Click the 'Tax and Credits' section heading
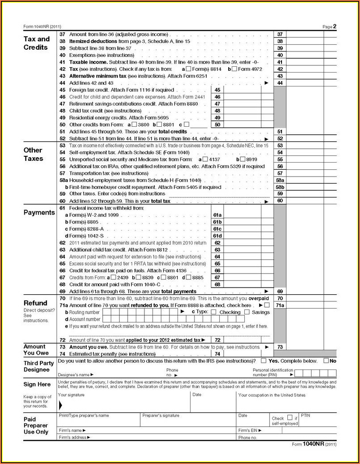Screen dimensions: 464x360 [x=36, y=43]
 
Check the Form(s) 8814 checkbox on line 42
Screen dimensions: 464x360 [x=188, y=69]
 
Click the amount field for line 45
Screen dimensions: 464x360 [x=242, y=90]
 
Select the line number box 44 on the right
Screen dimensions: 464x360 [x=280, y=83]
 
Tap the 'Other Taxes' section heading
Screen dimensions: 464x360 [x=33, y=154]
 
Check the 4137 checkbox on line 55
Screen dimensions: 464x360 [x=205, y=159]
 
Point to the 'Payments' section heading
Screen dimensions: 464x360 [x=39, y=212]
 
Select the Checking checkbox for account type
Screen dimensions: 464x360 [x=213, y=312]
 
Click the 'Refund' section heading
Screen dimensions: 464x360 [x=35, y=303]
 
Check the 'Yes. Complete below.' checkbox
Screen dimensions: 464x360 [x=263, y=361]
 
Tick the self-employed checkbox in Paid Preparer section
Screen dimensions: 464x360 [x=290, y=417]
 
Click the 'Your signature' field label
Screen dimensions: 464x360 [x=71, y=395]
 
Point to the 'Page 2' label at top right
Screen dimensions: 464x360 [x=329, y=26]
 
